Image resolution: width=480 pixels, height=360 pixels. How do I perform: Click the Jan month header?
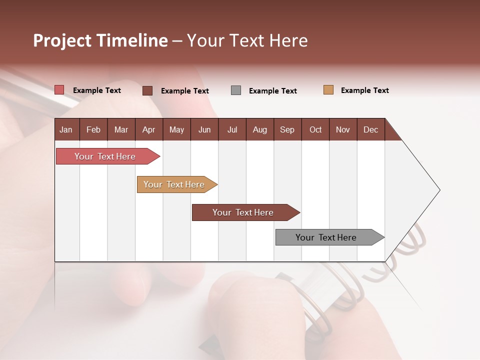(66, 129)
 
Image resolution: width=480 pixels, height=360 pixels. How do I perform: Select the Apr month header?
(148, 129)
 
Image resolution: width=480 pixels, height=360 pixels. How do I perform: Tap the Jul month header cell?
(232, 129)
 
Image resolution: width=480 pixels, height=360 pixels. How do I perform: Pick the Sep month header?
(287, 129)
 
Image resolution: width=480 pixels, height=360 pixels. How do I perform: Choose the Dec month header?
(370, 129)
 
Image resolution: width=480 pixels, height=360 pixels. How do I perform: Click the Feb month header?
(93, 129)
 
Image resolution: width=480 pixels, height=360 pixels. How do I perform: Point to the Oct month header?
(315, 129)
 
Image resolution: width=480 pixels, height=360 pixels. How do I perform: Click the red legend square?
(59, 90)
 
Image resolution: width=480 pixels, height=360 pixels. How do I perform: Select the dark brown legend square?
(147, 90)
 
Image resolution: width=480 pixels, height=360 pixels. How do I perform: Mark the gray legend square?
(236, 90)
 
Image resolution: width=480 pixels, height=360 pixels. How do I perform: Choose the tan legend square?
(328, 90)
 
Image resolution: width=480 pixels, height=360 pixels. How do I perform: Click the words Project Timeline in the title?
(100, 40)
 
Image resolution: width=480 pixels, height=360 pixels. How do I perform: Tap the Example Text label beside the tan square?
(364, 90)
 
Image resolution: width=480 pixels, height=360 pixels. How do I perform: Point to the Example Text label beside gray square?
(272, 91)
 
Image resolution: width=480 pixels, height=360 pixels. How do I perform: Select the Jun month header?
(204, 129)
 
